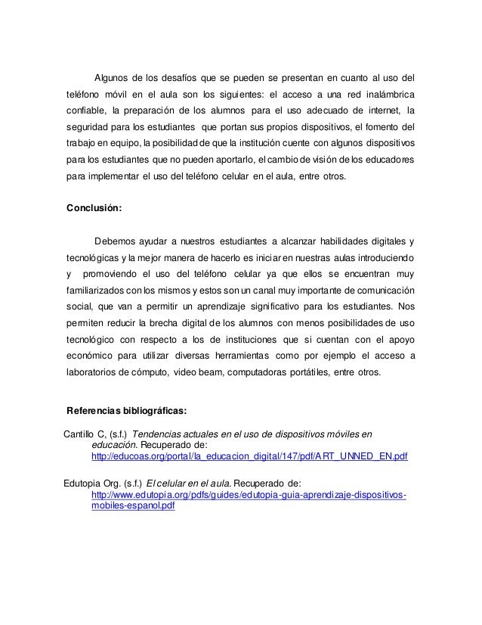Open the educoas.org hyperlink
pos(249,458)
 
